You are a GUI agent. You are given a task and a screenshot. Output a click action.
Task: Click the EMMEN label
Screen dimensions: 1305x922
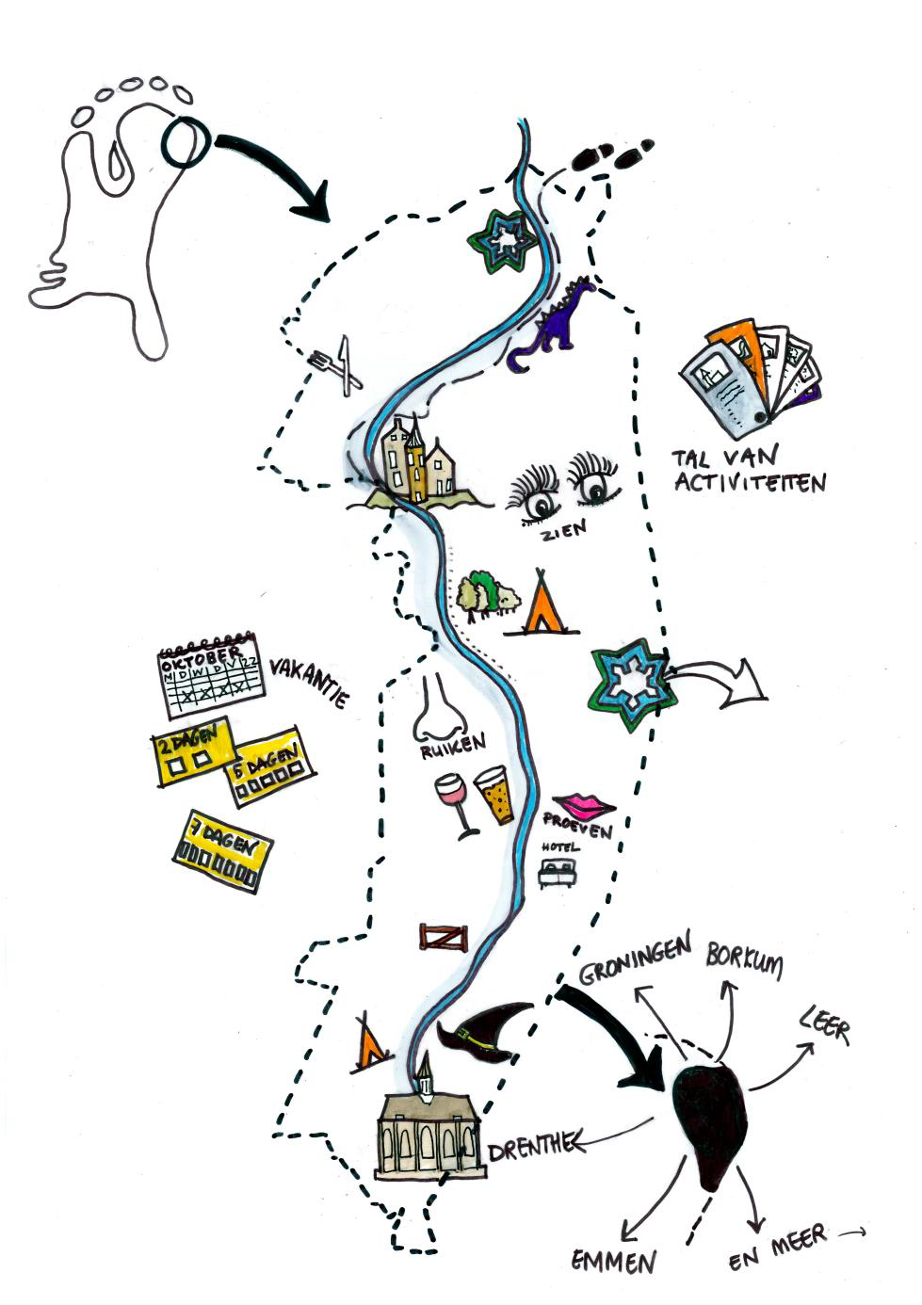pos(614,1260)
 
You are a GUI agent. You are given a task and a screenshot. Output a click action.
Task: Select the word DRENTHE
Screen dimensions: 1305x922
pos(529,1146)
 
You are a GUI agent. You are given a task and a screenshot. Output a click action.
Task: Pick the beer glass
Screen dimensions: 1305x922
pos(493,796)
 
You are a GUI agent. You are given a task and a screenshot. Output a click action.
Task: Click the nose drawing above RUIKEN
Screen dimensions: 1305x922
pos(438,708)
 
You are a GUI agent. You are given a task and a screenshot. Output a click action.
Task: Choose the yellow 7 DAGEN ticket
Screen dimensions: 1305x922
pos(222,851)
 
